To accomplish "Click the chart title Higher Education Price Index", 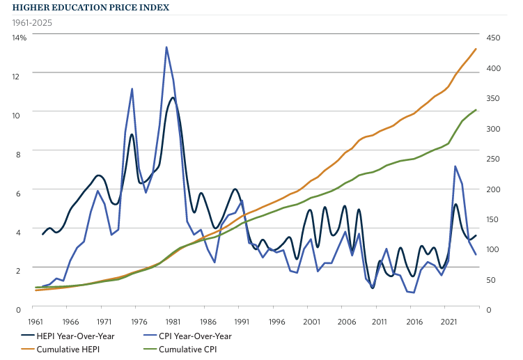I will pyautogui.click(x=90, y=8).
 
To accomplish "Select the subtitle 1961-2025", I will pyautogui.click(x=32, y=22).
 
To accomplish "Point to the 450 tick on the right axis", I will pyautogui.click(x=493, y=37).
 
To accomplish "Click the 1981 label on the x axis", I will pyautogui.click(x=173, y=322).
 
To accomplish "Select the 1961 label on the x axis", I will pyautogui.click(x=36, y=322).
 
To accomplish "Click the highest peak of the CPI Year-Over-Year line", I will pyautogui.click(x=166, y=47).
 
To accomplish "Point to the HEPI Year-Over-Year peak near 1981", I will pyautogui.click(x=173, y=97).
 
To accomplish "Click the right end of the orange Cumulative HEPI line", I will pyautogui.click(x=476, y=49).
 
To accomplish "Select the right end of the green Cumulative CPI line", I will pyautogui.click(x=476, y=109).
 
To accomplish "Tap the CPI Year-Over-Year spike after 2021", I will pyautogui.click(x=455, y=166).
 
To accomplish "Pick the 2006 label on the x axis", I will pyautogui.click(x=346, y=322).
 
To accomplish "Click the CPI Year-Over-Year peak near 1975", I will pyautogui.click(x=132, y=89).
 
